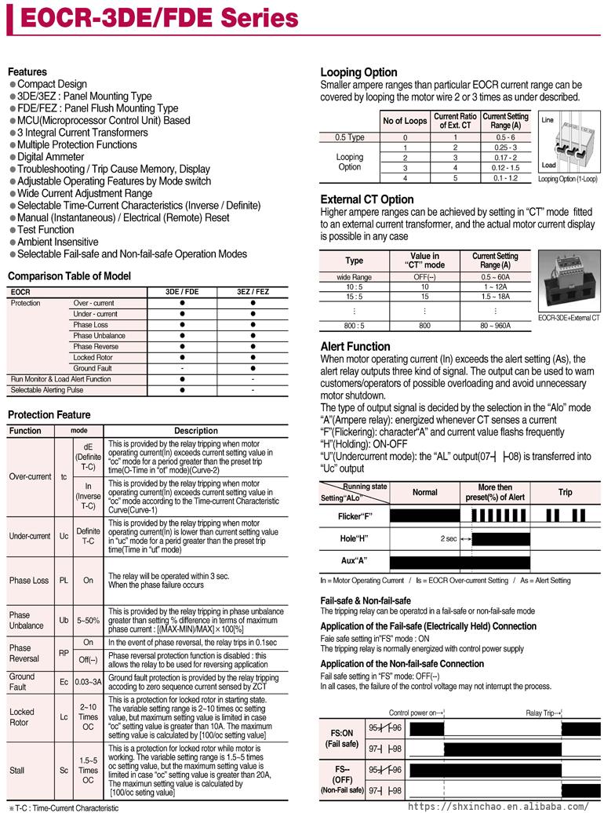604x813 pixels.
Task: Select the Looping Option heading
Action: pos(358,72)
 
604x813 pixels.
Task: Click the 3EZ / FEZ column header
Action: pos(253,292)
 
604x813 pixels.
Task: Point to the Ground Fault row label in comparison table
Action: pos(93,368)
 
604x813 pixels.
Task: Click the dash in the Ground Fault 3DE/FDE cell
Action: pos(182,368)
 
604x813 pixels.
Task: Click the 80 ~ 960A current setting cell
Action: pos(496,325)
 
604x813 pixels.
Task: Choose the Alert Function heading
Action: pos(355,346)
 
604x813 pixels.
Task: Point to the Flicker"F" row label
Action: pos(355,516)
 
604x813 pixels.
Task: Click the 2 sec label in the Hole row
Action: pos(449,539)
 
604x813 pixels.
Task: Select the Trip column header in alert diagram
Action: pos(565,492)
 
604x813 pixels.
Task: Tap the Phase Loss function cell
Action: pos(29,581)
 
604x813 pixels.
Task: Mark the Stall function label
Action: pos(16,771)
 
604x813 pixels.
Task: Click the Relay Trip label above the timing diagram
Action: pos(540,713)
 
